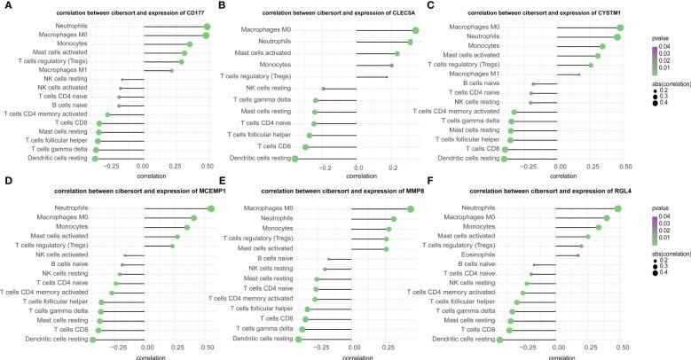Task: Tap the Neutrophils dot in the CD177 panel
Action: pyautogui.click(x=207, y=27)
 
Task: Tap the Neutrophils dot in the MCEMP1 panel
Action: pyautogui.click(x=211, y=208)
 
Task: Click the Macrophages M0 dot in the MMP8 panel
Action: pyautogui.click(x=411, y=208)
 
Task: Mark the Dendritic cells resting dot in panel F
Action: pyautogui.click(x=501, y=340)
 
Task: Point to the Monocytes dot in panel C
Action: pyautogui.click(x=602, y=45)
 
